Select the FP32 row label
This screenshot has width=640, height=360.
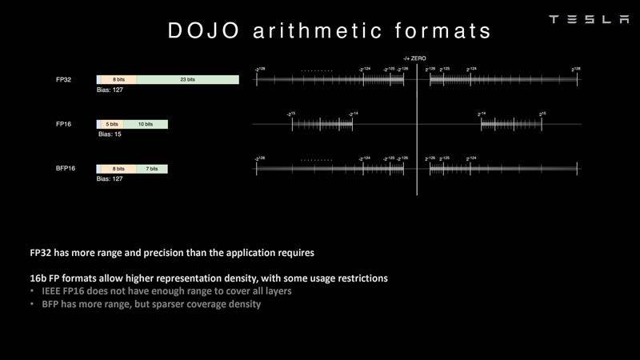point(65,80)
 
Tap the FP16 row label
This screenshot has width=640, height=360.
point(65,125)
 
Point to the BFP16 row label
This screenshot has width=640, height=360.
point(66,170)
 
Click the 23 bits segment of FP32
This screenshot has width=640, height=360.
point(187,80)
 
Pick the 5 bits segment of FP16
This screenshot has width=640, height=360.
point(112,125)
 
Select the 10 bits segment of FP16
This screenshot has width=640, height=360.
point(145,125)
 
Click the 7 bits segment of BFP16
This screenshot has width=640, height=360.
point(152,170)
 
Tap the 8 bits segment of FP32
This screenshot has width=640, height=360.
point(118,80)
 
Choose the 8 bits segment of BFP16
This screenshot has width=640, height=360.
point(118,170)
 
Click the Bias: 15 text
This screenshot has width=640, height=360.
point(110,134)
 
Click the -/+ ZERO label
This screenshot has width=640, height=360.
point(417,58)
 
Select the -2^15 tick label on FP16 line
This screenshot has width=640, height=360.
point(291,114)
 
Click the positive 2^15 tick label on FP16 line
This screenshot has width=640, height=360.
point(542,114)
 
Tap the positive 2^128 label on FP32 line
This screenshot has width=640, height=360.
point(575,70)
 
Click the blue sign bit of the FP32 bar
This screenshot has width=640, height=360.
point(98,80)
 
